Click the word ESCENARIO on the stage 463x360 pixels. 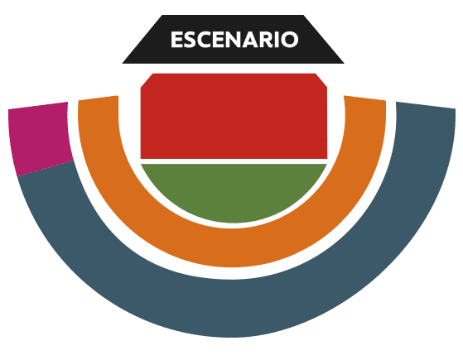point(234,40)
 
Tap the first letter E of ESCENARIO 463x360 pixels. point(176,40)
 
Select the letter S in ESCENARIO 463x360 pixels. point(191,40)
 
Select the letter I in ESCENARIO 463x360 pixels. point(279,40)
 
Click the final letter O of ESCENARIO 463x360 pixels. point(290,40)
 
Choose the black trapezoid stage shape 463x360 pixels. point(234,39)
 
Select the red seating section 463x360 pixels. point(234,116)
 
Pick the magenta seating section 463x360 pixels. point(40,136)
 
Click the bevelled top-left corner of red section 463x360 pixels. point(147,80)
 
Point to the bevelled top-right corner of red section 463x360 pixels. point(321,80)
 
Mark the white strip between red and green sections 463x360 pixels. point(234,161)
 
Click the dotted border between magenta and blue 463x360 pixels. point(46,169)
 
